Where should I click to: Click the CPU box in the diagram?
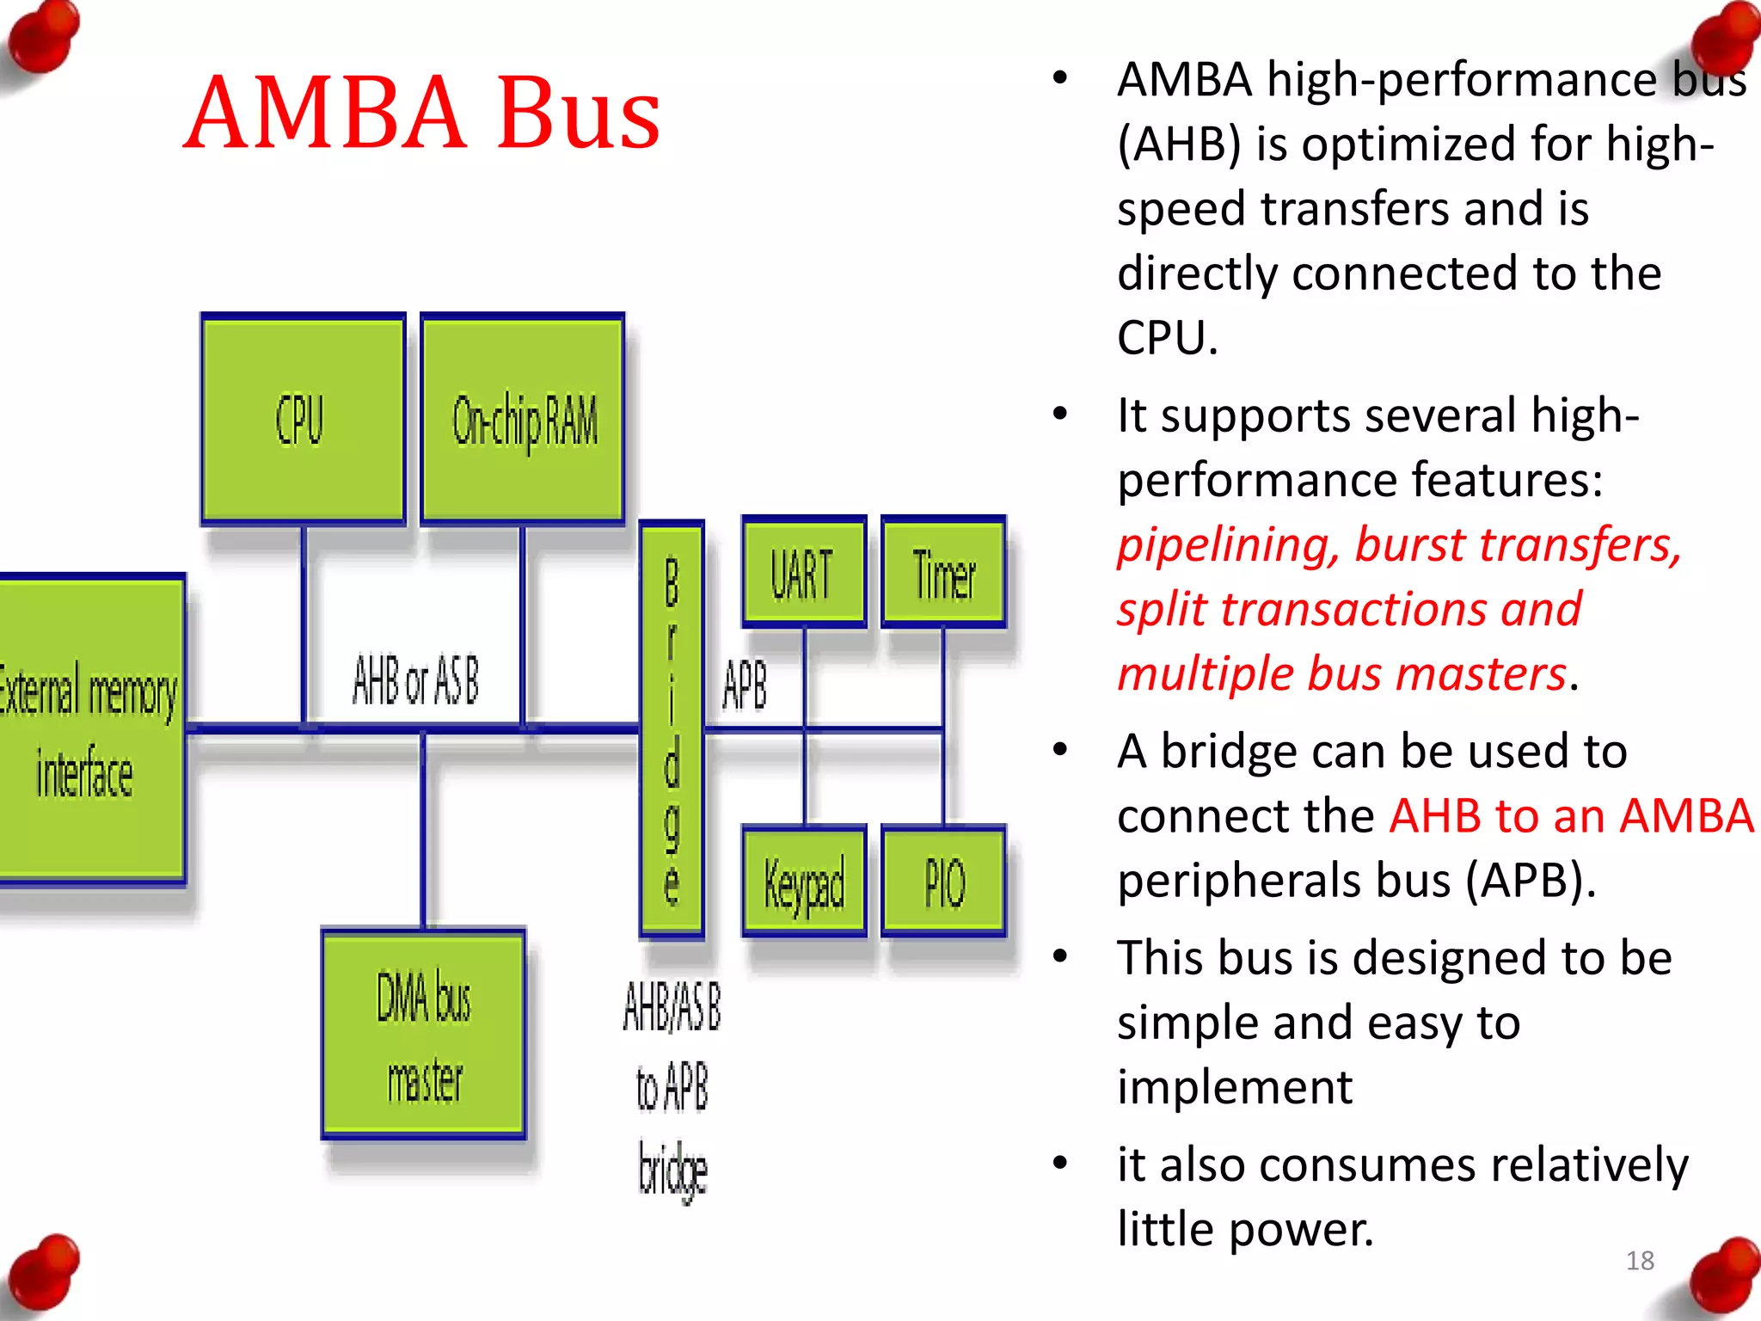coord(303,419)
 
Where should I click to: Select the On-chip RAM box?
coord(523,419)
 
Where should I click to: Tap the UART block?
coord(803,573)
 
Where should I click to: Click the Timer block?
coord(943,573)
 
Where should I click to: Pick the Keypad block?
coord(803,881)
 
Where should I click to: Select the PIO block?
coord(943,881)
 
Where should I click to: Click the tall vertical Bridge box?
coord(672,729)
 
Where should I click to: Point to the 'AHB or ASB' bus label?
coord(415,679)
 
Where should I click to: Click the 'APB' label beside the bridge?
coord(745,685)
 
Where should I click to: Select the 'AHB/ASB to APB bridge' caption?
coord(672,1088)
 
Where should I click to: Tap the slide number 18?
coord(1640,1260)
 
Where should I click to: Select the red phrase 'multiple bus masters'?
coord(1341,673)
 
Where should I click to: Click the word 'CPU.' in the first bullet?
coord(1167,337)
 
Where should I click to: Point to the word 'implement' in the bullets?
coord(1235,1086)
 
